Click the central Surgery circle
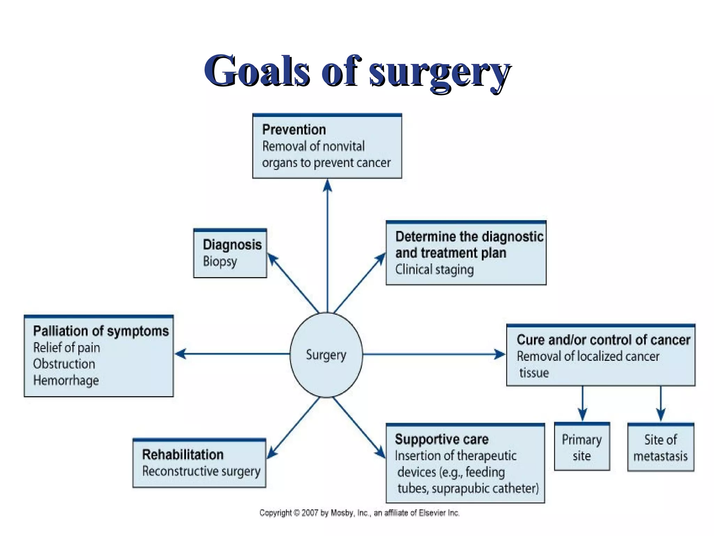click(x=326, y=355)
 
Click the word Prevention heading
click(x=294, y=130)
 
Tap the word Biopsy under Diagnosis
click(x=220, y=261)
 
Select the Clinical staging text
click(x=434, y=270)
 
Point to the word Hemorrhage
click(x=66, y=380)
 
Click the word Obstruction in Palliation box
click(x=64, y=364)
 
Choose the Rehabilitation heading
click(x=183, y=455)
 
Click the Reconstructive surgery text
click(x=201, y=471)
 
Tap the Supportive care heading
click(x=442, y=439)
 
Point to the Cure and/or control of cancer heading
click(x=603, y=340)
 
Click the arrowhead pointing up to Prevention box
click(x=327, y=186)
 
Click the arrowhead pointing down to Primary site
click(x=583, y=414)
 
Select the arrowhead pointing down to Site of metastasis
click(x=661, y=414)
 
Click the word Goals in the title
click(x=257, y=71)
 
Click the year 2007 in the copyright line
click(x=310, y=513)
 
